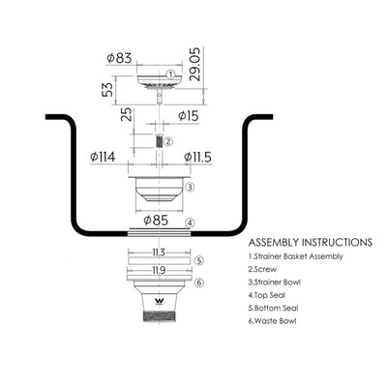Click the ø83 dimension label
click(x=119, y=58)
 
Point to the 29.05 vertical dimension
click(x=195, y=64)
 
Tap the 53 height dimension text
click(x=107, y=89)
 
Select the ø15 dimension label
click(x=189, y=116)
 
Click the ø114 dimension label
click(x=103, y=157)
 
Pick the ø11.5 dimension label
click(x=197, y=157)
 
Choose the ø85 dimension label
click(x=156, y=221)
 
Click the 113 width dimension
click(x=159, y=253)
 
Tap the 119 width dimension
click(x=159, y=270)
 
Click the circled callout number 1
click(x=171, y=74)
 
